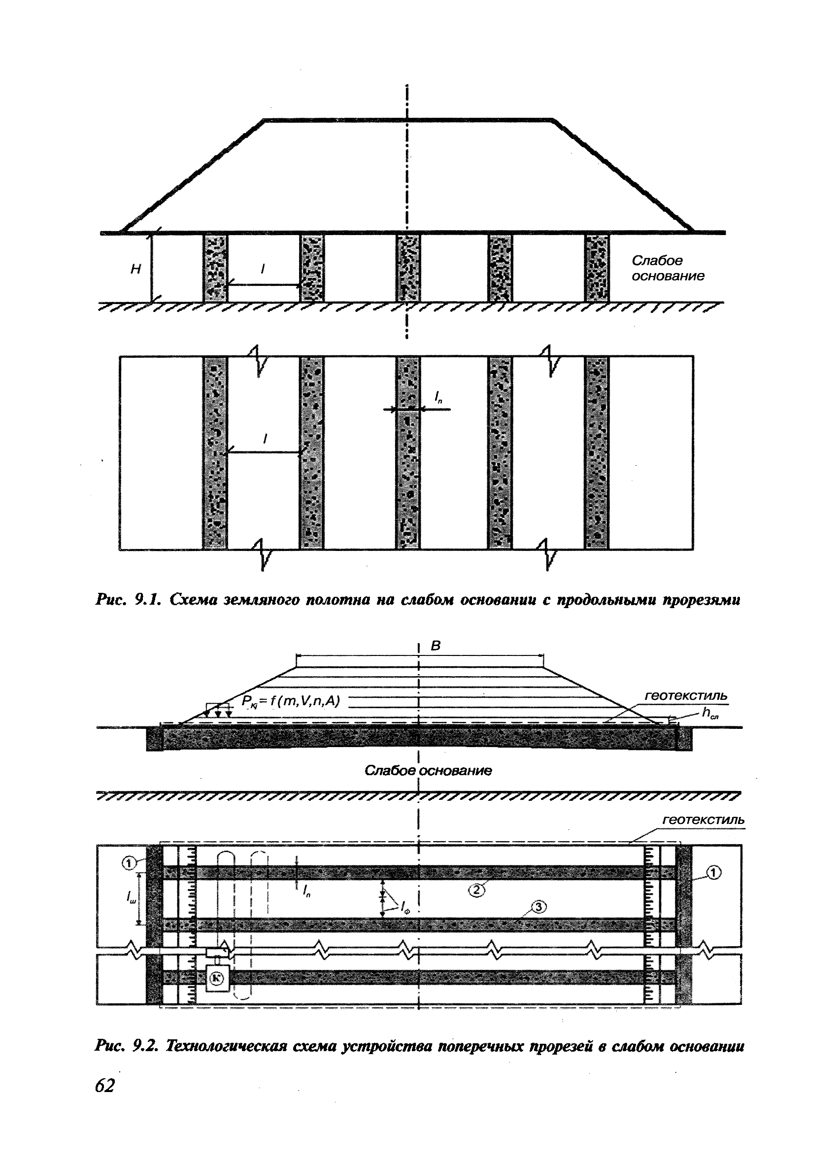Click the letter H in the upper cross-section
click(135, 269)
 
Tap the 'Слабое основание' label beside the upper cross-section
click(667, 269)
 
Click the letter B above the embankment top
click(436, 646)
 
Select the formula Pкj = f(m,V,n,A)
click(291, 701)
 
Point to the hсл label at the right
click(710, 713)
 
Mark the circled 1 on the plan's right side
click(714, 871)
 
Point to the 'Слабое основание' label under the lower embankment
click(428, 770)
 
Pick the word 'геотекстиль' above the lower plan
click(703, 820)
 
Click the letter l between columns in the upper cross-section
click(263, 269)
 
